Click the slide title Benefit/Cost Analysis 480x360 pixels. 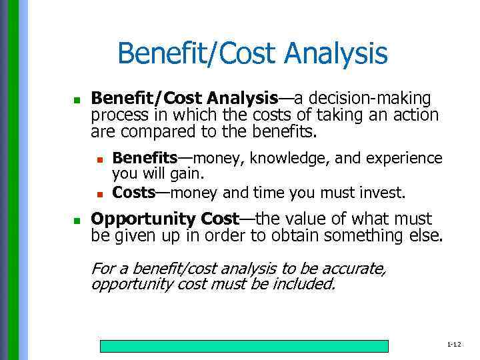[x=252, y=53]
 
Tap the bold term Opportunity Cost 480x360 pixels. [x=164, y=219]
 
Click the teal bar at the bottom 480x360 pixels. [x=244, y=346]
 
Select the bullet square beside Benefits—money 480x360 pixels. [x=99, y=159]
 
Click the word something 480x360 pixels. [x=373, y=235]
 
